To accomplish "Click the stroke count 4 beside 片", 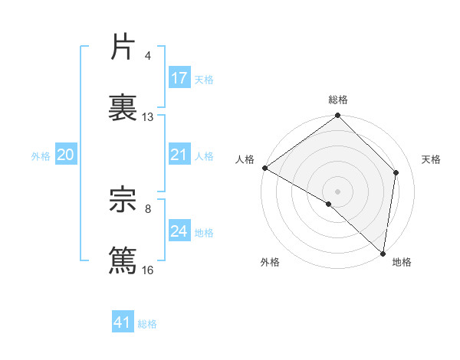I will (x=148, y=56).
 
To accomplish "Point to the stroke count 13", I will (x=148, y=117).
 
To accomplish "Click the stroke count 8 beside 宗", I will (x=148, y=208).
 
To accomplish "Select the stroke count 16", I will (x=148, y=270).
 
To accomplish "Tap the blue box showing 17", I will (x=179, y=78).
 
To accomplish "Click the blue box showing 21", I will (x=179, y=155).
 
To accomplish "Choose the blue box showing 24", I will (x=179, y=231).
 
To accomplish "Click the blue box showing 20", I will (x=66, y=155).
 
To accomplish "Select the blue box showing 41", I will (x=123, y=322).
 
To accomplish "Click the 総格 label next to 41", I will (x=147, y=324).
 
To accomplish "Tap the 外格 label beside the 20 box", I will (x=41, y=156).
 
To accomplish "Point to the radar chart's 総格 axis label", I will (x=338, y=100).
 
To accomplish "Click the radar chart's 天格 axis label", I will (x=432, y=159).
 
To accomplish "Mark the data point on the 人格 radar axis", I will (x=264, y=168).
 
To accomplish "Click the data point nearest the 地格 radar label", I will (x=383, y=253).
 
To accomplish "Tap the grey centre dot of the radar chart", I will (x=338, y=191).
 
